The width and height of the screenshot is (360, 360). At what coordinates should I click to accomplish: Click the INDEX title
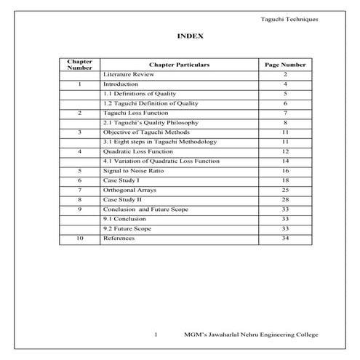pos(190,36)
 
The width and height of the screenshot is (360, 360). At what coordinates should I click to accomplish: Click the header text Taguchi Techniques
pos(289,19)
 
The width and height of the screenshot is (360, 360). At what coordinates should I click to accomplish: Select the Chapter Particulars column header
pos(179,65)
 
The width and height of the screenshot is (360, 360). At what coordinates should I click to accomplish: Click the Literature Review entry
pos(129,75)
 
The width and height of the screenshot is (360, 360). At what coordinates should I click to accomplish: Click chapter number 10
pos(80,238)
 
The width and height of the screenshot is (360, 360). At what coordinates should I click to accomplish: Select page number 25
pos(285,189)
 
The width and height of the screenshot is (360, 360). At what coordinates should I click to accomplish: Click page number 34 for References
pos(285,238)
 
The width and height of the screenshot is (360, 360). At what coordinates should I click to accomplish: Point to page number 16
pos(285,170)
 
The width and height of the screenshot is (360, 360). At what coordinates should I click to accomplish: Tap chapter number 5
pos(80,170)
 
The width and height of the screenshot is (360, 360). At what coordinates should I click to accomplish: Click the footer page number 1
pos(156,335)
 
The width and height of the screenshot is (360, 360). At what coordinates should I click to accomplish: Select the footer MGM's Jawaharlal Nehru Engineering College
pos(252,335)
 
